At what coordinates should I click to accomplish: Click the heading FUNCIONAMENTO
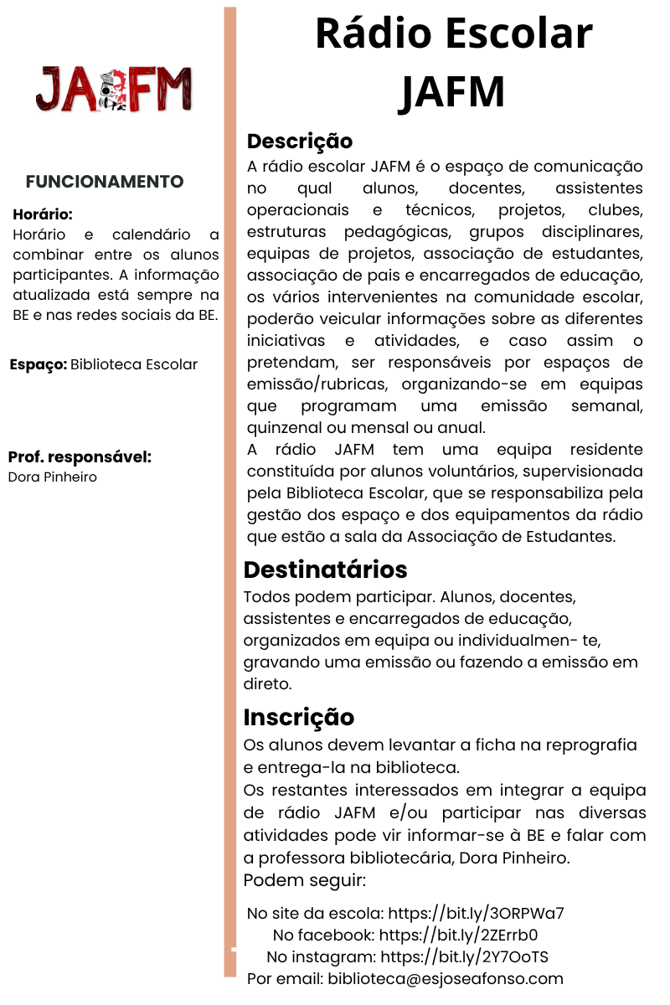105,182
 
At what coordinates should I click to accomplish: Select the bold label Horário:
43,214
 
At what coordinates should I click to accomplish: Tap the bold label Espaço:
39,364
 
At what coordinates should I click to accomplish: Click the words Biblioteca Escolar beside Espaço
134,364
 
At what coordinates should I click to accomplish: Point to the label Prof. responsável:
80,457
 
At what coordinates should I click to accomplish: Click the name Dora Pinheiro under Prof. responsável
52,477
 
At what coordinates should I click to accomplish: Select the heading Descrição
299,141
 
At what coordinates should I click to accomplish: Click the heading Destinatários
325,569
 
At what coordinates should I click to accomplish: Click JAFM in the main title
452,91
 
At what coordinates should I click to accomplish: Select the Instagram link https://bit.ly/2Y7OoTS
464,956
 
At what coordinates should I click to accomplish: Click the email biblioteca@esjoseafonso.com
446,978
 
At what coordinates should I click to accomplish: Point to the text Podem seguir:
304,881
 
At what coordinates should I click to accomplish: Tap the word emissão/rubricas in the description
319,384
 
